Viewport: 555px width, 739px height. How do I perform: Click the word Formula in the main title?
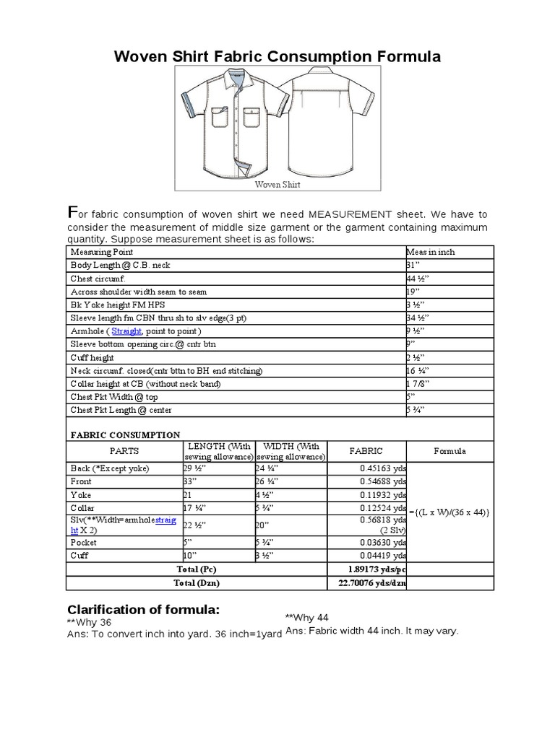[x=403, y=57]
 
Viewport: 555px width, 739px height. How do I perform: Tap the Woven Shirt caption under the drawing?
[x=277, y=184]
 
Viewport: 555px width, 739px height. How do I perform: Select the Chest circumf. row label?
[x=98, y=278]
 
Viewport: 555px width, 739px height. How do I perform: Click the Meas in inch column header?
[x=431, y=252]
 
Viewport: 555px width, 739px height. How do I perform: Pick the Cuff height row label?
[x=92, y=357]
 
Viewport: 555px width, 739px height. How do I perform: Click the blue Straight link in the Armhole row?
[x=127, y=331]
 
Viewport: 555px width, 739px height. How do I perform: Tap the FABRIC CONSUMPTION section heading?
[x=124, y=434]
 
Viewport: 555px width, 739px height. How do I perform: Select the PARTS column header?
[x=124, y=451]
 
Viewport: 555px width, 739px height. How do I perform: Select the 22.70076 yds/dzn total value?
[x=371, y=583]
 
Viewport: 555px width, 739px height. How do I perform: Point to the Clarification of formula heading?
[x=142, y=609]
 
